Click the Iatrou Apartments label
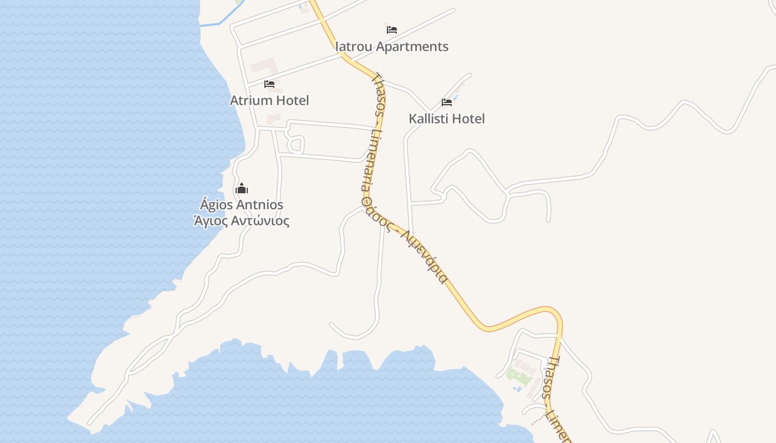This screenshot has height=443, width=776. coord(392,47)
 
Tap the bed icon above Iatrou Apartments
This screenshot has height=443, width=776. coord(392,29)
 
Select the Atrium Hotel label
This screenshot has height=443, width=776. coord(269,100)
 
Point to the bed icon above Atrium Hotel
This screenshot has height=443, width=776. coord(269,84)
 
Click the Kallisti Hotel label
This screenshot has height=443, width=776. coord(447,119)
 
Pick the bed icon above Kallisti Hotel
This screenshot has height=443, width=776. coord(447,102)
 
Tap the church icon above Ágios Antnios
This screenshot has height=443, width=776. coord(242,188)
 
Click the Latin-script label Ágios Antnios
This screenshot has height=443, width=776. coord(242,205)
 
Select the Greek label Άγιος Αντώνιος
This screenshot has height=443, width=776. coord(242,221)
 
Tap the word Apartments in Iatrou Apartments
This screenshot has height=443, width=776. coord(412,47)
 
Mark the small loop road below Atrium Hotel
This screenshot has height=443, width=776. coord(295,146)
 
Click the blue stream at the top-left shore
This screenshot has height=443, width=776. coord(213,24)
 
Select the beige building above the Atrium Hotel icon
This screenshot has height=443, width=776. coord(264,66)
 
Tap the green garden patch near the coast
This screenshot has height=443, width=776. coord(519,377)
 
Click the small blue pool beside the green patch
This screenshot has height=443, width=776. coord(518,389)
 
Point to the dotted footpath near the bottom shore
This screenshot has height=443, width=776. coord(538,419)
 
